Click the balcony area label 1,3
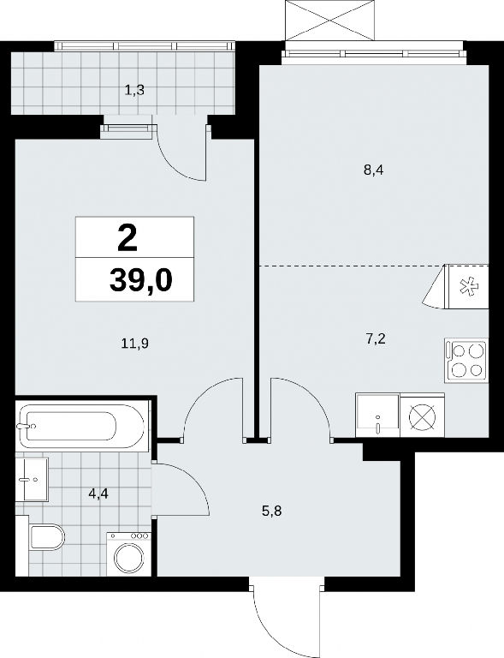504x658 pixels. point(134,90)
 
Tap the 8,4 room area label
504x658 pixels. point(374,170)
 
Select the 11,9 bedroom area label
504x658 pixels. point(135,344)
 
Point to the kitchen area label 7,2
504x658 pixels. point(376,339)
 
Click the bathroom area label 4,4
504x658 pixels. point(98,493)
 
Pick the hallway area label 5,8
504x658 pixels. point(271,511)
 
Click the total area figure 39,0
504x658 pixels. point(141,280)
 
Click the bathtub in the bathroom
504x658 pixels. point(82,426)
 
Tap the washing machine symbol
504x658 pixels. point(129,554)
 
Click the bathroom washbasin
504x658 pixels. point(33,479)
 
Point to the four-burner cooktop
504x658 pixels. point(466,361)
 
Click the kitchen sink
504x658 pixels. point(377,415)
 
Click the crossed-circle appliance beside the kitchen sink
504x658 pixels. point(423,415)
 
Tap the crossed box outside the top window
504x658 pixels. point(329,21)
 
